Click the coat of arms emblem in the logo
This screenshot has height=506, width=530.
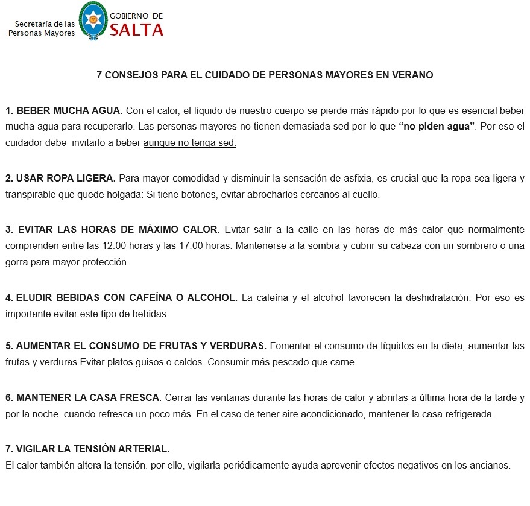pos(93,20)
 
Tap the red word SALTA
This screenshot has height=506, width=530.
pos(136,29)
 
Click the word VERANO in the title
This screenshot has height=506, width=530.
pos(412,75)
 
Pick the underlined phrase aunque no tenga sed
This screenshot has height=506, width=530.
pos(189,144)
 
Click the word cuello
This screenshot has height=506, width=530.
pos(367,195)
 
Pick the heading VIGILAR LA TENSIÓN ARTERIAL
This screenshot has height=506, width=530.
pos(87,449)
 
